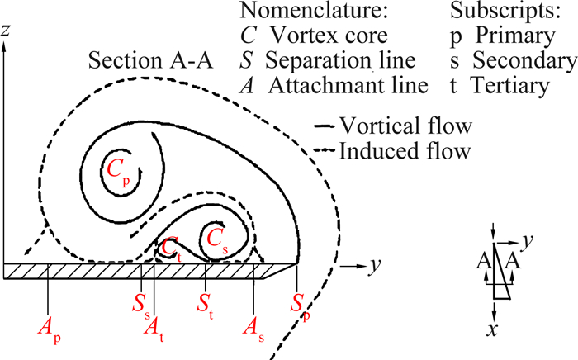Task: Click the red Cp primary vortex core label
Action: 118,169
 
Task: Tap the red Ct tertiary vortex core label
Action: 171,246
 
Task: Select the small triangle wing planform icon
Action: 499,271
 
